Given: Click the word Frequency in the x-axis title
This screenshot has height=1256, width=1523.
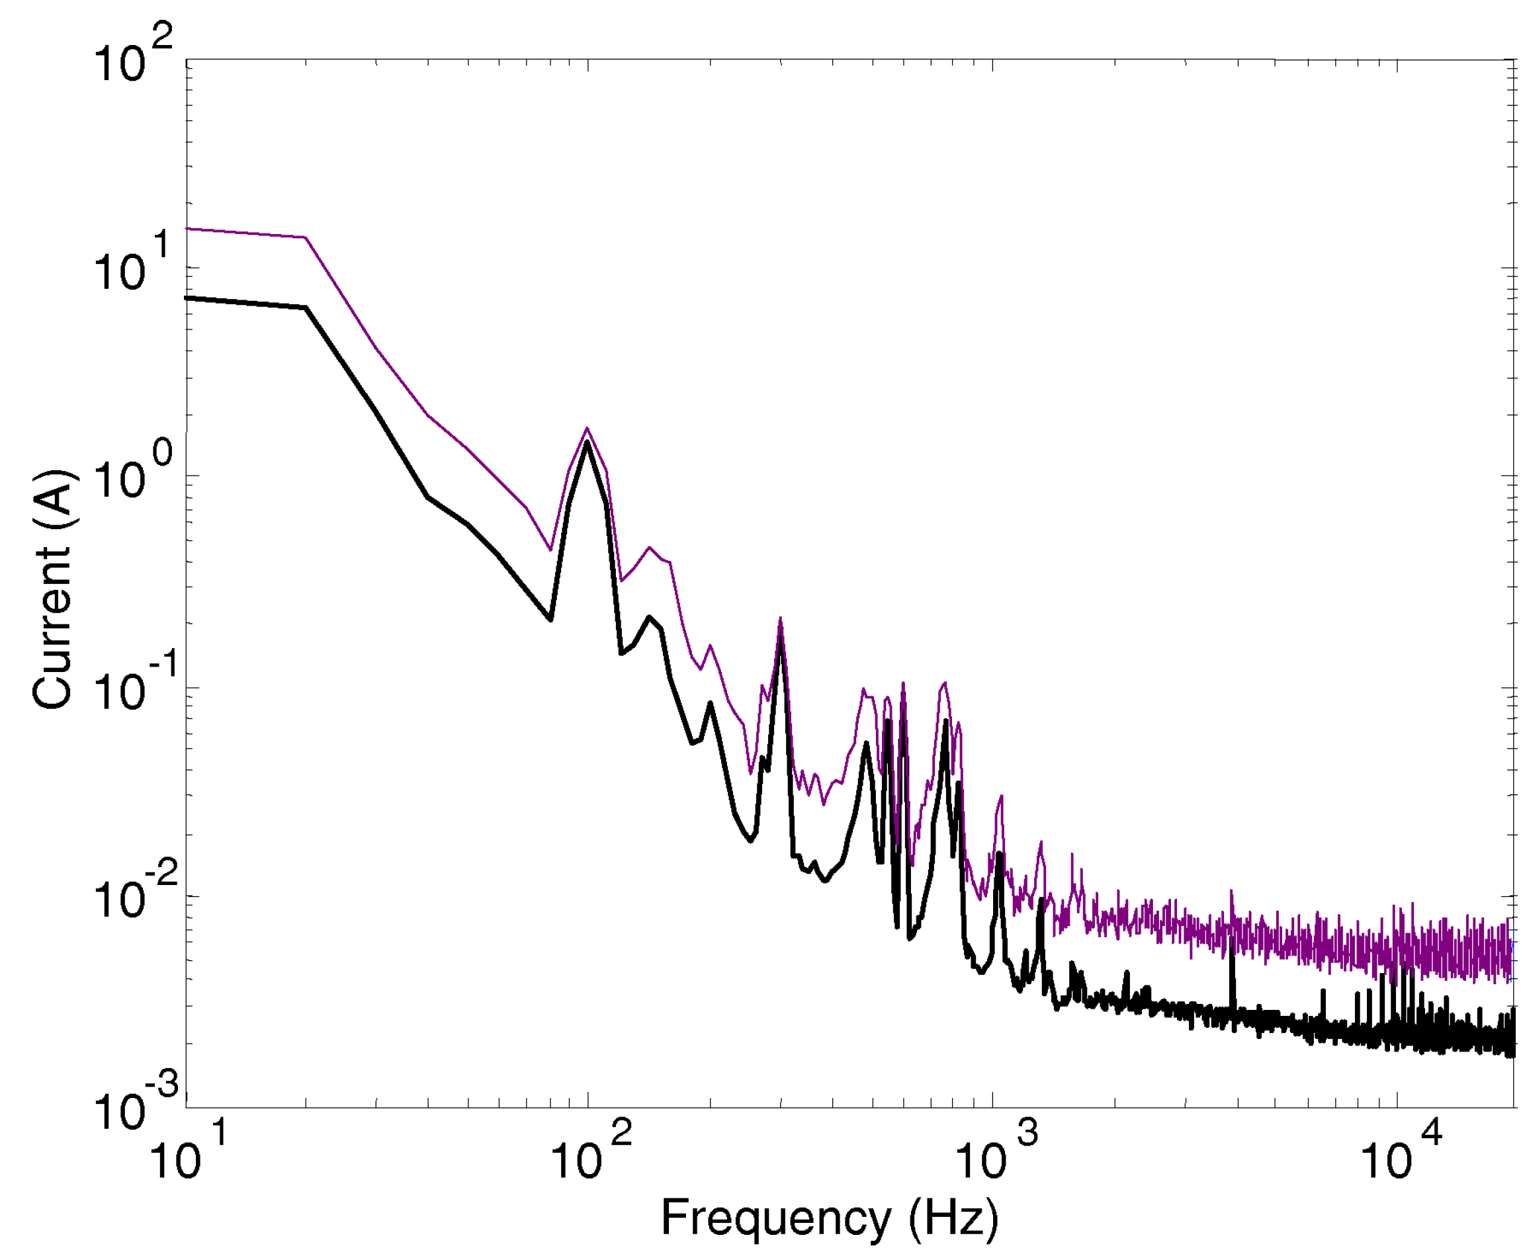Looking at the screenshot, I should click(775, 1217).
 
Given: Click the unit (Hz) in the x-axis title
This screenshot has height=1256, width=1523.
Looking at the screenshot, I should click(953, 1217).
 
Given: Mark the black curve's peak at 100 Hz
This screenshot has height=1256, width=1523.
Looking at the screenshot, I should click(587, 442).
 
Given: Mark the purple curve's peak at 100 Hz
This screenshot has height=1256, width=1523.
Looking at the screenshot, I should click(587, 429).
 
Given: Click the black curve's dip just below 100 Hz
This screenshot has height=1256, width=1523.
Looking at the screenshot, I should click(550, 619).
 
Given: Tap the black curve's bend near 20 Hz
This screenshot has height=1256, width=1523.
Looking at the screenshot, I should click(305, 308).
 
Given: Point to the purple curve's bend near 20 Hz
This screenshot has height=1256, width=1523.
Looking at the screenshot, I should click(305, 237).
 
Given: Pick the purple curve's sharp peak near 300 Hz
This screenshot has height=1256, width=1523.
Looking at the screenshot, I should click(780, 620).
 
